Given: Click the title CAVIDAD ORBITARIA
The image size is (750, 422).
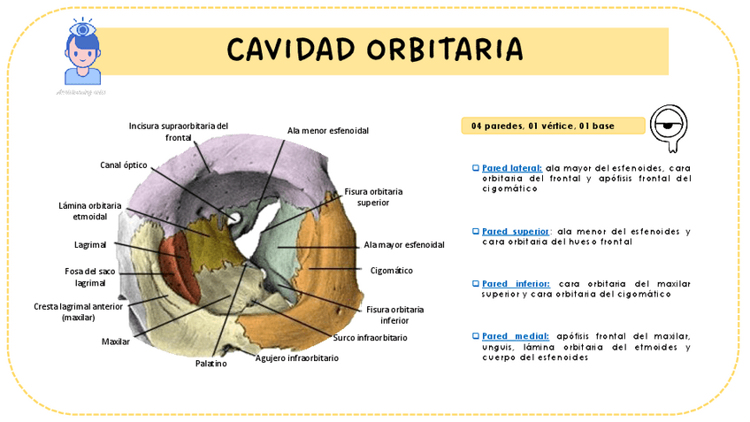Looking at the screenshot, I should coord(374,50).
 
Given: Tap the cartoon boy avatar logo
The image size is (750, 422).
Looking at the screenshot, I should coord(84,54).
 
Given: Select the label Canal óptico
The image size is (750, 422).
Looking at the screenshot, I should coord(123,165).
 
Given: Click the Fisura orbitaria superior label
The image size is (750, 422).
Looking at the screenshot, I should coord(373,196).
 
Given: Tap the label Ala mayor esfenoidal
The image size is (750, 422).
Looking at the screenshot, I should coord(403,244).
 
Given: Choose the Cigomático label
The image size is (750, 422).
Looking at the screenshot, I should coord(391,270).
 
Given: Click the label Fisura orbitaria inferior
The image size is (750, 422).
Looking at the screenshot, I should coord(394,315).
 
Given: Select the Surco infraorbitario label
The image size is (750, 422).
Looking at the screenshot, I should coord(370,337).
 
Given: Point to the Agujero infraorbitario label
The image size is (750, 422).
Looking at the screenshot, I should coord(296,358).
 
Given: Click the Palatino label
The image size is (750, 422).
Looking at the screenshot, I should coord(210,363).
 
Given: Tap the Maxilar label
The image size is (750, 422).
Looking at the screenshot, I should coord(116,341).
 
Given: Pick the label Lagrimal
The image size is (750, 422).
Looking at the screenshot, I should coord(90,244).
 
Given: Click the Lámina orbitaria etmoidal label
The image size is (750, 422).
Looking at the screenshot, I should coord(83,211).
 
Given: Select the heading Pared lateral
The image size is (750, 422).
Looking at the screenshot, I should coord(511,167).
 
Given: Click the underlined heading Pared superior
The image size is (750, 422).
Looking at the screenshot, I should coord(515,231).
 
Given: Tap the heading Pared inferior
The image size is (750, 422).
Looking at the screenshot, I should coord(515,283).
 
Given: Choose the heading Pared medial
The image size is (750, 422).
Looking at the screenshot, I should coord(515,335).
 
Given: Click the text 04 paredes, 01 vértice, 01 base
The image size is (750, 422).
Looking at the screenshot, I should coord(542,126).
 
